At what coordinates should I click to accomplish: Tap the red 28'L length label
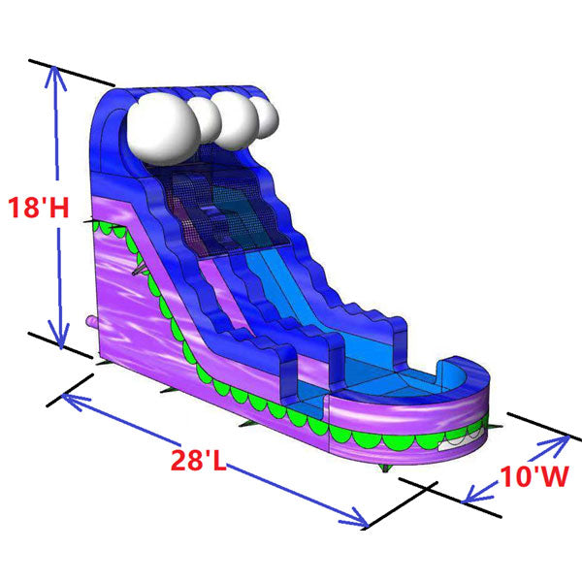(199, 460)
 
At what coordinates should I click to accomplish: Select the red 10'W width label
(532, 476)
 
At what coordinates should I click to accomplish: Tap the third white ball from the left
(236, 115)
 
